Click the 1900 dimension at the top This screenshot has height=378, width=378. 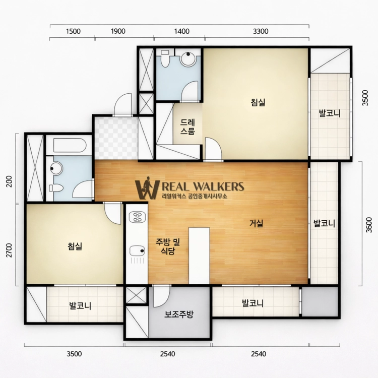(x=118, y=31)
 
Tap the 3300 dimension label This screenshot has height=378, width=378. (x=261, y=31)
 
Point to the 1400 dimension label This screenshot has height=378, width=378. (x=182, y=31)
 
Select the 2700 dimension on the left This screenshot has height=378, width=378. (x=9, y=250)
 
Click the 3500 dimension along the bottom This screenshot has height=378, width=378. (x=74, y=354)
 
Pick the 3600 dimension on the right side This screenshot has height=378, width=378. (x=369, y=225)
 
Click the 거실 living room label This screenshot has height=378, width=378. (x=256, y=223)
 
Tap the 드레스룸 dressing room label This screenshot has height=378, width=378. (x=187, y=127)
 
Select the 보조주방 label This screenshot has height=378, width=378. (x=179, y=314)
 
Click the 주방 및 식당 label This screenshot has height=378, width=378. (x=168, y=246)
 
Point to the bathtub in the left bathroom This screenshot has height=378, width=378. (x=70, y=145)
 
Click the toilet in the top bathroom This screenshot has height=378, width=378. (x=165, y=58)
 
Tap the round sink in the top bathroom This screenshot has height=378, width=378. (x=188, y=58)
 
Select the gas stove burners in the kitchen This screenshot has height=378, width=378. (x=137, y=217)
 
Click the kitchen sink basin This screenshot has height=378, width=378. (x=137, y=251)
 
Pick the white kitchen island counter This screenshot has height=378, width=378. (x=199, y=256)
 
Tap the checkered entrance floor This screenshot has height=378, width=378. (x=116, y=139)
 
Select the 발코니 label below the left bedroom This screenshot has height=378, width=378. (x=80, y=306)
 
